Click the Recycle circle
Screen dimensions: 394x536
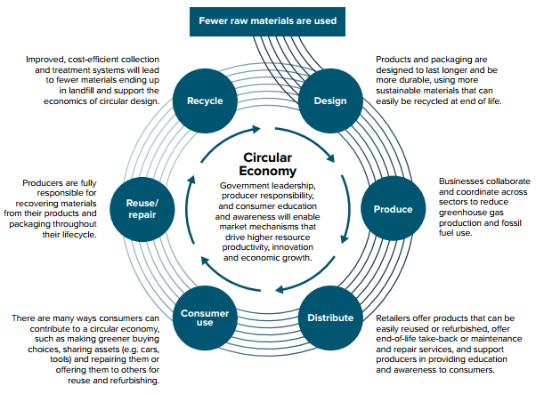[x=204, y=101]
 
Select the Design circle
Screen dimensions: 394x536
[x=330, y=101]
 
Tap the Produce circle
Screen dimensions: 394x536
[x=393, y=209]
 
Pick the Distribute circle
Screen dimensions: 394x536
[x=330, y=318]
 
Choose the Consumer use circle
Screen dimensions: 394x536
[x=205, y=318]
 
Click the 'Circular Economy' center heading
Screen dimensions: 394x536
[x=268, y=164]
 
